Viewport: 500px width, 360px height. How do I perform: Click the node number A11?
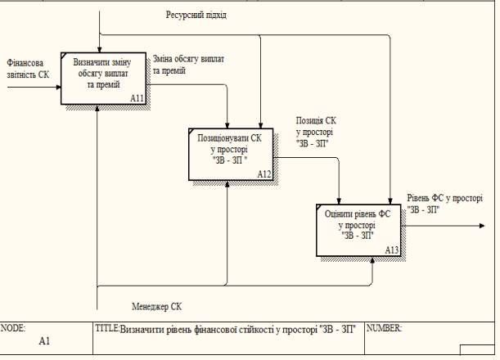137,98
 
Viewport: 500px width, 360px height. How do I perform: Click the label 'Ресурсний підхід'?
196,16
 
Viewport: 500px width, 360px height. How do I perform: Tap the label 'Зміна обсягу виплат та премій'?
189,65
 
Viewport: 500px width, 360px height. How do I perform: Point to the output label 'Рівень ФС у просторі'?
444,203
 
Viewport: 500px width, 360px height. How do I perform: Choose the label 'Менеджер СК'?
156,306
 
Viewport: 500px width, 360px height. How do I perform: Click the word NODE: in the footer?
13,327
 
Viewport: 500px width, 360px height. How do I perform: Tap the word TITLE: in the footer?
107,328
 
